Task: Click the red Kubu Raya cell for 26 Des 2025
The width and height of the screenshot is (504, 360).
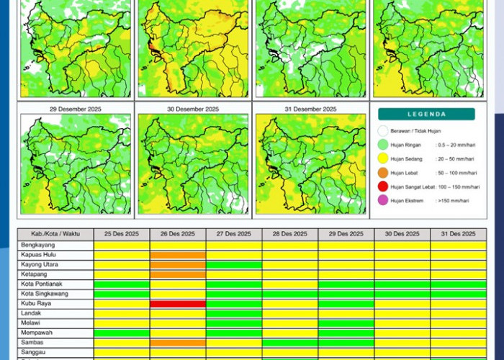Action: [x=178, y=304]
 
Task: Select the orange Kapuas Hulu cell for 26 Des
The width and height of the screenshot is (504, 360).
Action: [x=178, y=255]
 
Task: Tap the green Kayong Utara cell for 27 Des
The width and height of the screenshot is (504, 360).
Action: [x=234, y=265]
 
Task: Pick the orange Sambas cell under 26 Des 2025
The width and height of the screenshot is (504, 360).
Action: [x=178, y=343]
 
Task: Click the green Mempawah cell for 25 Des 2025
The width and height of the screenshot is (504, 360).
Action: [x=122, y=333]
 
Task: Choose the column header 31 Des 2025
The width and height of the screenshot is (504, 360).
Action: [x=458, y=234]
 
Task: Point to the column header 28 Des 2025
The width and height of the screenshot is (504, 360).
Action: [x=290, y=234]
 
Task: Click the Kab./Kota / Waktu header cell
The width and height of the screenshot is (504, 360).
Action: [x=55, y=234]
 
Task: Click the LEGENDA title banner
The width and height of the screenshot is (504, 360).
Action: [x=427, y=114]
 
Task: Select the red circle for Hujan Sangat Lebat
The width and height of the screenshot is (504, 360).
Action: [x=383, y=186]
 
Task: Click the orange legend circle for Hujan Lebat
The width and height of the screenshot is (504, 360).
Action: [x=383, y=172]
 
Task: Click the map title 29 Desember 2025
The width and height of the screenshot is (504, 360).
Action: [x=76, y=109]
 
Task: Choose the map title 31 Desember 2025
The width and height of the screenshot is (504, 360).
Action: [x=310, y=109]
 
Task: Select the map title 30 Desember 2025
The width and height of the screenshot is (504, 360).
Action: [x=193, y=109]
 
